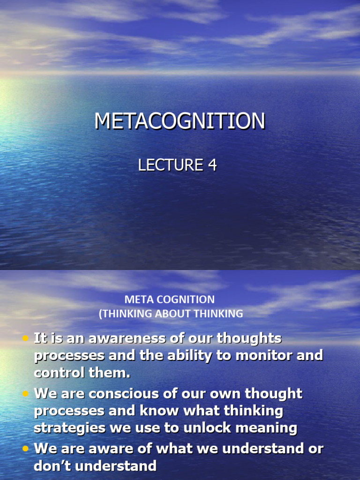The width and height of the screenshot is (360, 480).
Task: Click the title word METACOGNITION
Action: point(180,121)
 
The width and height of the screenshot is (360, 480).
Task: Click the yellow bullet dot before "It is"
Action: point(25,338)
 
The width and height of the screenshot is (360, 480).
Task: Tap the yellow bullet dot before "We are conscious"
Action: point(25,394)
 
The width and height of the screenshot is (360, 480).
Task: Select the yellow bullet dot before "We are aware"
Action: point(25,449)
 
